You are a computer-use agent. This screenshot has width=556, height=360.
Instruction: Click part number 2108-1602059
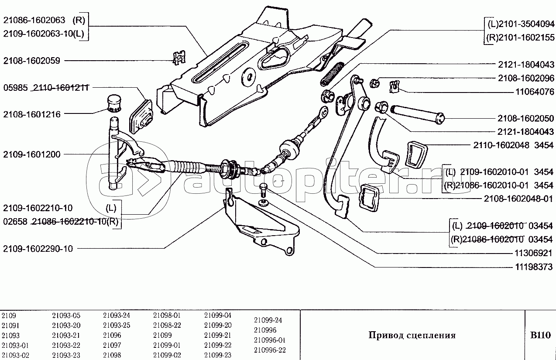(32, 61)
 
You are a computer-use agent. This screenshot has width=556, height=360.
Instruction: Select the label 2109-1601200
(32, 154)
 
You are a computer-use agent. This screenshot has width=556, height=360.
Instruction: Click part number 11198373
(533, 267)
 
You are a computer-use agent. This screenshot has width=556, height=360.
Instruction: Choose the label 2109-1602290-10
(38, 249)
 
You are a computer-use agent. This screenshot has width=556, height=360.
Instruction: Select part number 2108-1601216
(32, 114)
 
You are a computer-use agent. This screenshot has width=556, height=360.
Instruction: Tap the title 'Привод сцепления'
(412, 335)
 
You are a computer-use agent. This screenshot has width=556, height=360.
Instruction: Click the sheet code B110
(540, 335)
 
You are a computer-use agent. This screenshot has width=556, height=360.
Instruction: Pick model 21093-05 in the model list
(66, 315)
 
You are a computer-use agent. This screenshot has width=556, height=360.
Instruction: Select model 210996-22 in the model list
(270, 350)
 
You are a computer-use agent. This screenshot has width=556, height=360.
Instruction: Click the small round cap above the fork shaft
(114, 102)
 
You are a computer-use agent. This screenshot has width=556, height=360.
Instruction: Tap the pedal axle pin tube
(418, 113)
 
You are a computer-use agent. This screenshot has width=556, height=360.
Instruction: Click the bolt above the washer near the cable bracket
(264, 190)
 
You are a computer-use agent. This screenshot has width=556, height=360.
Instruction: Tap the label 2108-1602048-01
(518, 199)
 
